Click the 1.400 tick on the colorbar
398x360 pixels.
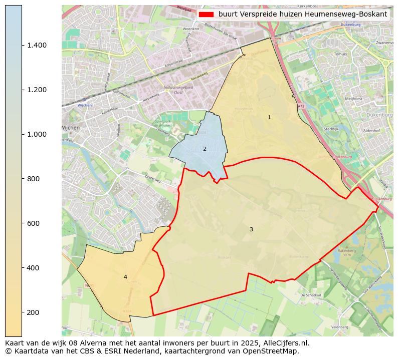point(22,45)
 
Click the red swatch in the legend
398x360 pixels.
point(206,15)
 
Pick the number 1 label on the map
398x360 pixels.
point(269,117)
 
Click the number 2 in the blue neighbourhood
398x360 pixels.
point(205,149)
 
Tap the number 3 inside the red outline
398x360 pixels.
point(251,229)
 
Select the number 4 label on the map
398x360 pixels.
point(125,277)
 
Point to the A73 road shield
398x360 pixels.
point(301,106)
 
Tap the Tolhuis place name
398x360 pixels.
point(340,54)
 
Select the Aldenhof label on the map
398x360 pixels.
point(371,130)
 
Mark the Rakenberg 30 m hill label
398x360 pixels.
point(346,252)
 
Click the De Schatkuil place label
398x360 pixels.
point(310,295)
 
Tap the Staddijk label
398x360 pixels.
point(331,129)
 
